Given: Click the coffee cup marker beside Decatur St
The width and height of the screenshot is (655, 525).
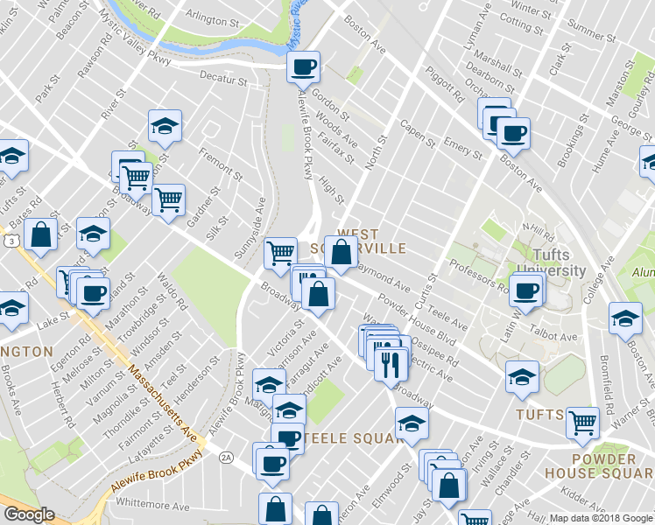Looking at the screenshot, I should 303,66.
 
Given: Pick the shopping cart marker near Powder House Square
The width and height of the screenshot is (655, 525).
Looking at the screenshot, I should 582,423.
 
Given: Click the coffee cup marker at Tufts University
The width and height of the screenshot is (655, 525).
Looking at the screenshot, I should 526,290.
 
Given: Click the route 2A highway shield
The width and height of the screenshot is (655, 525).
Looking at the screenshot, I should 227,457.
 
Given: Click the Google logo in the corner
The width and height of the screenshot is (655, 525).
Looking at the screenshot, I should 29,515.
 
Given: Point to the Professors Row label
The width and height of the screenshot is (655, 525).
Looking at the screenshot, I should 478,275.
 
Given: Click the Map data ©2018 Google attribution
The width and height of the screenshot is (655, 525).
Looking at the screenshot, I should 601,518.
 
